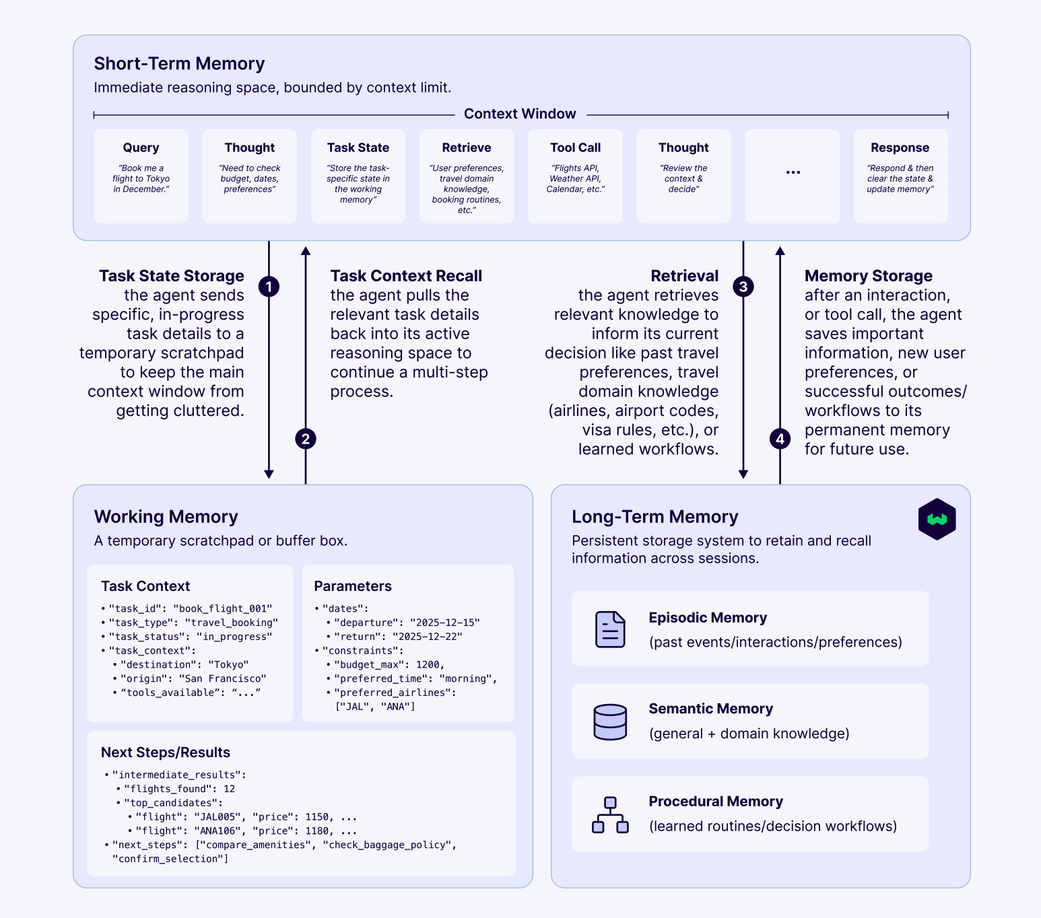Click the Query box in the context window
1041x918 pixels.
pyautogui.click(x=141, y=176)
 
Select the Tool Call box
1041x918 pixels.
pyautogui.click(x=575, y=176)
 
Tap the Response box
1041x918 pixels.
pyautogui.click(x=900, y=176)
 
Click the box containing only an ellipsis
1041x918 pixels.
pyautogui.click(x=793, y=176)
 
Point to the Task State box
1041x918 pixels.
pyautogui.click(x=358, y=176)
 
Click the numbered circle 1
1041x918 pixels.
pyautogui.click(x=269, y=287)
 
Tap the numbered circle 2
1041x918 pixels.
pyautogui.click(x=306, y=439)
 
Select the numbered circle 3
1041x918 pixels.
pyautogui.click(x=743, y=287)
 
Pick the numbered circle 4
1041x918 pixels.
pyautogui.click(x=780, y=439)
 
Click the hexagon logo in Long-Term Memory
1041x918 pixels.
pyautogui.click(x=937, y=519)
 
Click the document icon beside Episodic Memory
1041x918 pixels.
pyautogui.click(x=610, y=629)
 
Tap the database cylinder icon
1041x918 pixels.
pyautogui.click(x=610, y=721)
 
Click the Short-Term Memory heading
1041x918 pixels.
pyautogui.click(x=179, y=63)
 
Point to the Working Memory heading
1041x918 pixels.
pyautogui.click(x=166, y=516)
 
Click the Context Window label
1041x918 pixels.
pyautogui.click(x=520, y=114)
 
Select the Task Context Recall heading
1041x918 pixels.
pyautogui.click(x=406, y=276)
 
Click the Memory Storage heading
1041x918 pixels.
pyautogui.click(x=868, y=276)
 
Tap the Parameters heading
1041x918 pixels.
pyautogui.click(x=353, y=586)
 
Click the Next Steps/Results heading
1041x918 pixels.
pyautogui.click(x=166, y=752)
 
